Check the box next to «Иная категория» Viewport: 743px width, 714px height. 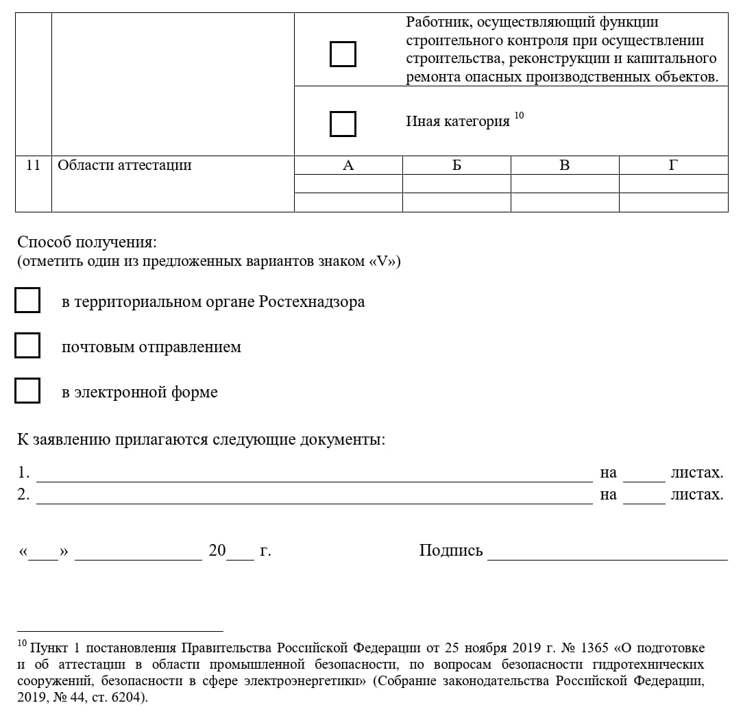(x=343, y=124)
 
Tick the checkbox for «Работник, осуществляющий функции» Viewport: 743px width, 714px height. (x=343, y=54)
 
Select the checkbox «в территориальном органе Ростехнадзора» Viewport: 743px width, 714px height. (x=27, y=301)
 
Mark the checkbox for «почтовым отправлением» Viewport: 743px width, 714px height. (x=27, y=346)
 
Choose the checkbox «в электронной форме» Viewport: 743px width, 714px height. (x=27, y=391)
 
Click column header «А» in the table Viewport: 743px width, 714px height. (x=348, y=165)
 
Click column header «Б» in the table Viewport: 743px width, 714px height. (x=456, y=165)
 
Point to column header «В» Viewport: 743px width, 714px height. (x=565, y=165)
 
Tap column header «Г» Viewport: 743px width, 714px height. (x=673, y=165)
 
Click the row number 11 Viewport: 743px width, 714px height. (x=33, y=165)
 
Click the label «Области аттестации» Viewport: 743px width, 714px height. (x=125, y=165)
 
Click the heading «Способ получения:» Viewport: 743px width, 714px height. (x=87, y=242)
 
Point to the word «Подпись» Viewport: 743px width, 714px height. (x=451, y=550)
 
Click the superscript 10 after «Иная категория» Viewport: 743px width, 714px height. (x=519, y=115)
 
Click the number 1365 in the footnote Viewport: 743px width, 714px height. (x=594, y=648)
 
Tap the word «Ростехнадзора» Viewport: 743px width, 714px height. (x=312, y=301)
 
